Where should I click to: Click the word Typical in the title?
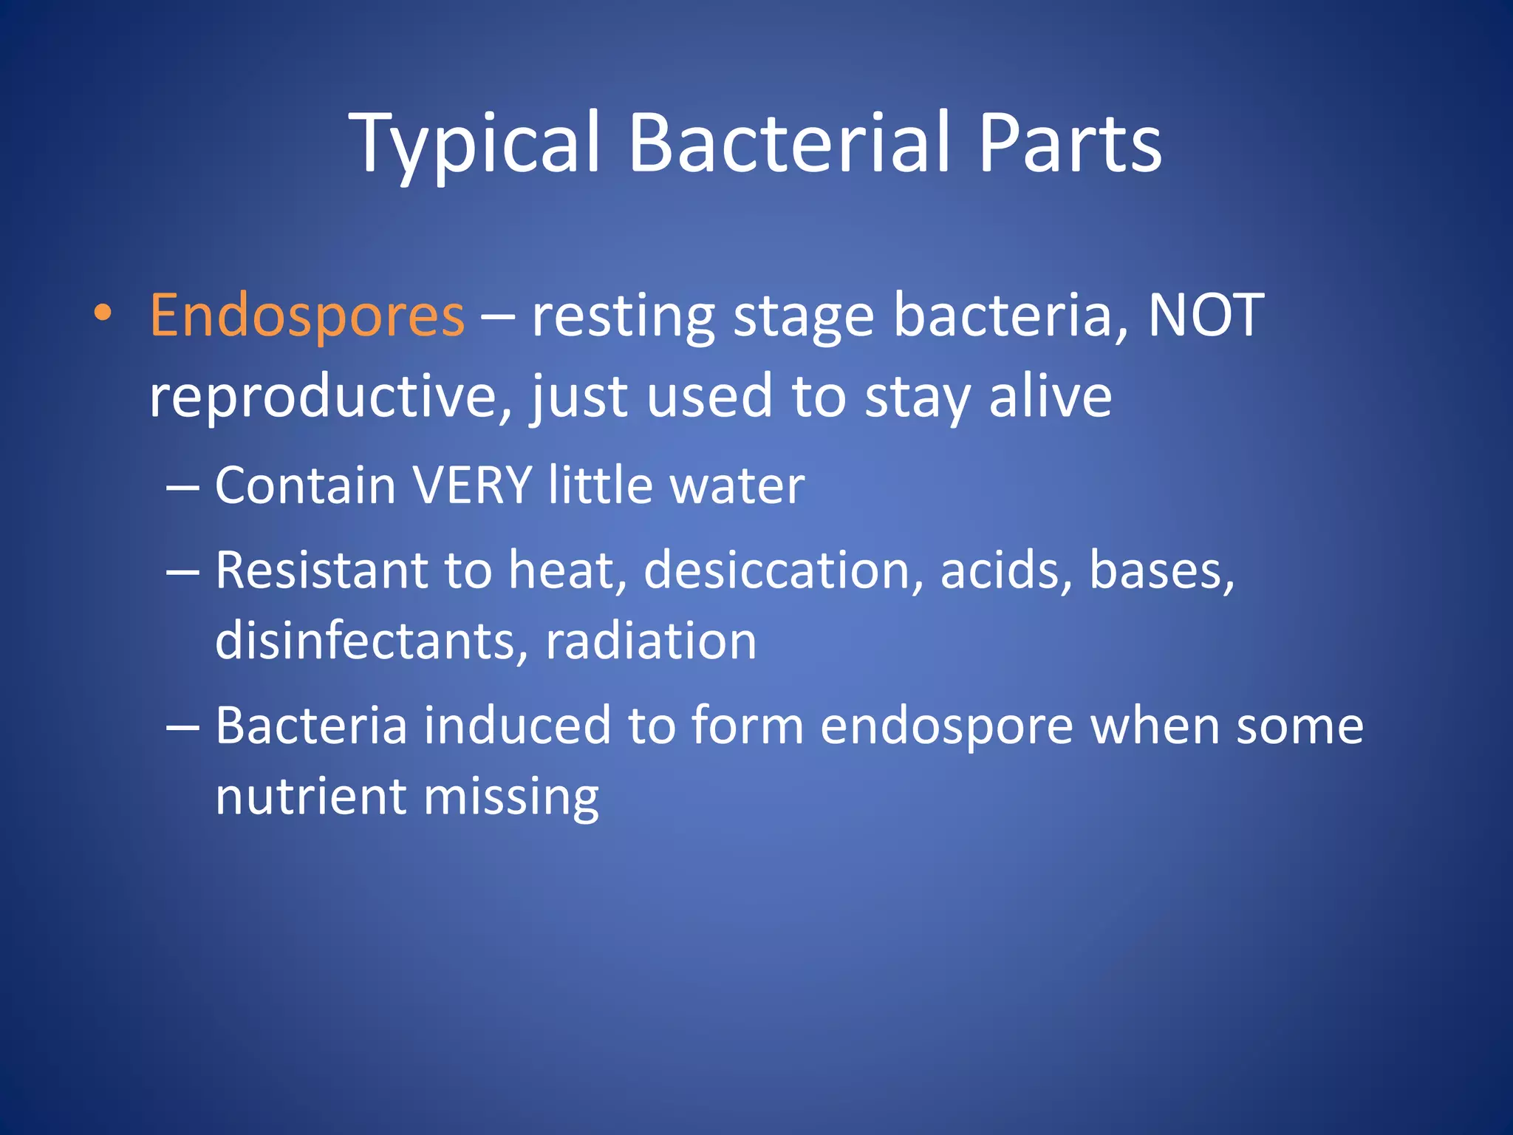(473, 144)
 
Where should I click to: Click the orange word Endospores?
(307, 316)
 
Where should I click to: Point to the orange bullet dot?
(103, 313)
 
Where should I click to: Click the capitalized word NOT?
(1206, 316)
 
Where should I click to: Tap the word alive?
(1050, 397)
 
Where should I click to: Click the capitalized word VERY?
(472, 486)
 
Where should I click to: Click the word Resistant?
(321, 571)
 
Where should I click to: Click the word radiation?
(651, 641)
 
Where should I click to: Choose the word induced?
(517, 726)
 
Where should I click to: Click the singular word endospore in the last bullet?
(946, 727)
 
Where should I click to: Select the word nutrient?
(310, 797)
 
